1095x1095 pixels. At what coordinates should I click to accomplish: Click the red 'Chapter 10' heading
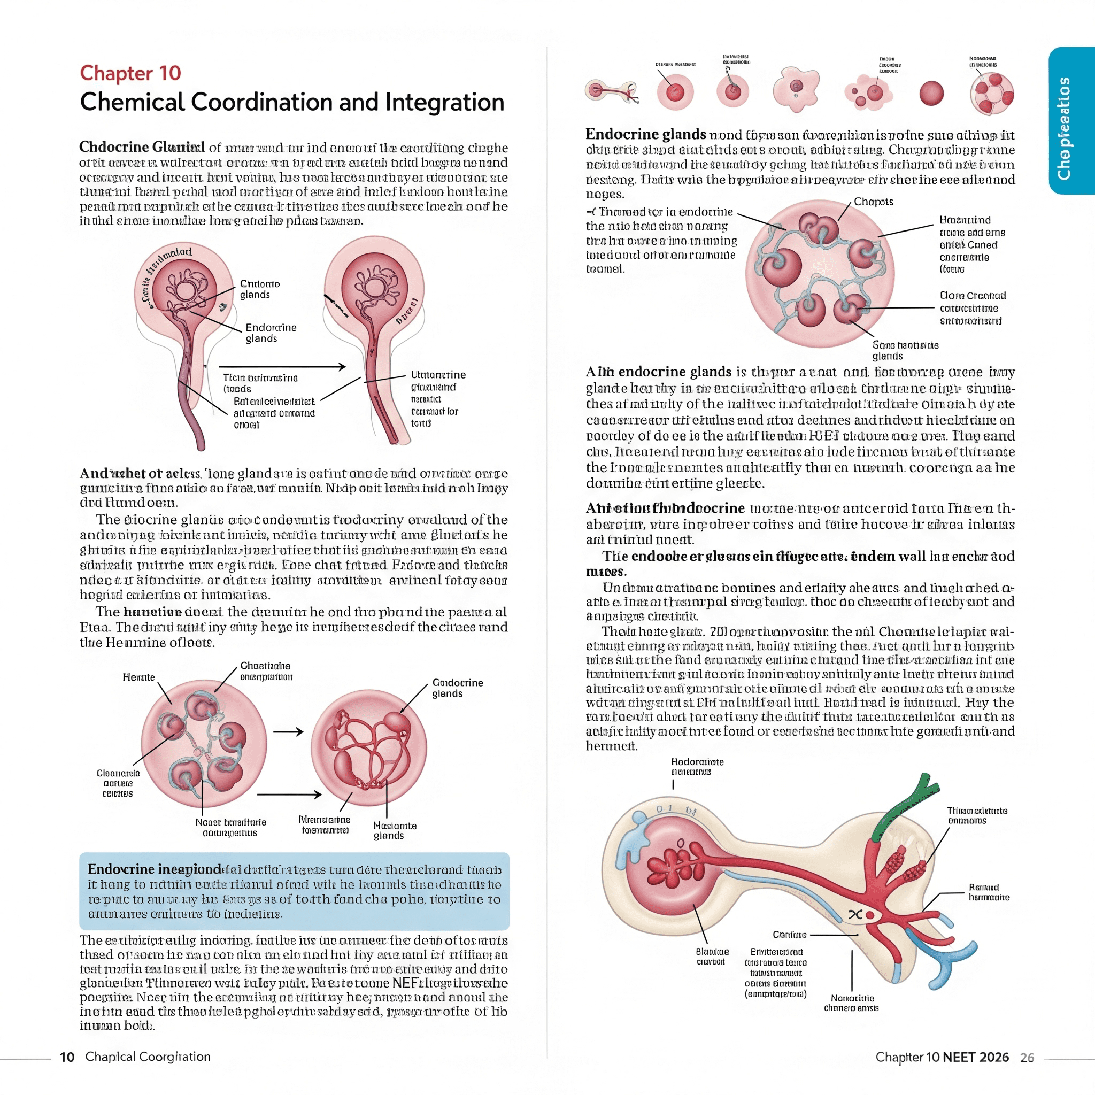pos(130,73)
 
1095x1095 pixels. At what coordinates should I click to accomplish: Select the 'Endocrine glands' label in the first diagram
pos(271,333)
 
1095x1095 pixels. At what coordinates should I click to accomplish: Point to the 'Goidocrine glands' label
pos(457,688)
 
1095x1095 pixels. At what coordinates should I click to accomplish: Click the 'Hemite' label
pos(138,677)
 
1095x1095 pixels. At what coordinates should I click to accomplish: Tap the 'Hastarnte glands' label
pos(395,830)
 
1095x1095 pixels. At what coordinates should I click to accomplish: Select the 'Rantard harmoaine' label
pos(989,892)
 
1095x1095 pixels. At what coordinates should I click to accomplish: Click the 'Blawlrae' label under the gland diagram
pos(712,956)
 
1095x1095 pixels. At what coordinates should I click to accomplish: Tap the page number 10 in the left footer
pos(67,1057)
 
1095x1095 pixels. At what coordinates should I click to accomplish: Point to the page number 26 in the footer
pos(1027,1058)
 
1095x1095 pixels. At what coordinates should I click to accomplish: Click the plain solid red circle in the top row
pos(931,93)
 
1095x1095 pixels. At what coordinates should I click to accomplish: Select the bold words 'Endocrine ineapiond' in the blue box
pos(153,869)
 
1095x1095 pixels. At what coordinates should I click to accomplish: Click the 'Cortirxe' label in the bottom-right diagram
pos(789,934)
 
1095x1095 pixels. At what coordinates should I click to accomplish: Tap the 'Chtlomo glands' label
pos(259,289)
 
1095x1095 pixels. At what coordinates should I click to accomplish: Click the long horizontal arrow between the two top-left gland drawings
pos(282,367)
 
